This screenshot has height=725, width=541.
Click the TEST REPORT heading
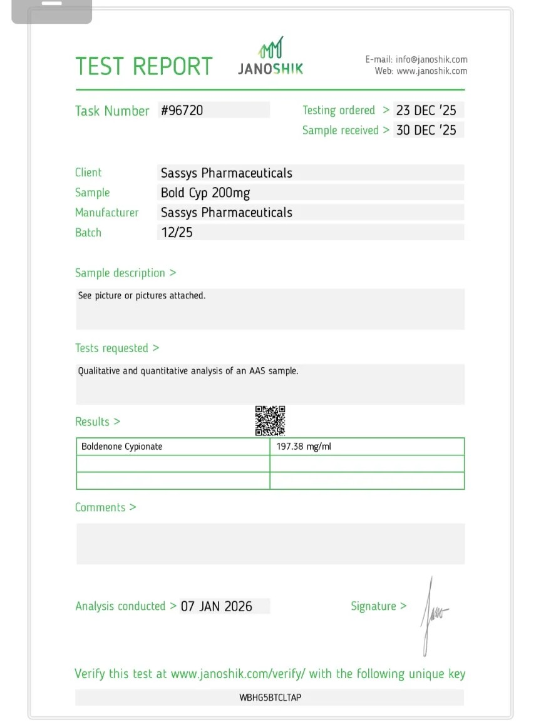point(144,66)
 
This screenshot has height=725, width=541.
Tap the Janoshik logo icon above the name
point(271,48)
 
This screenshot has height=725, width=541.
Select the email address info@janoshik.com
point(431,59)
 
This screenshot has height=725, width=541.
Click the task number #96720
point(182,111)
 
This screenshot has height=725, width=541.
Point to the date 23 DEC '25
point(426,110)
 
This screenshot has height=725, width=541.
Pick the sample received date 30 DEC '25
point(426,130)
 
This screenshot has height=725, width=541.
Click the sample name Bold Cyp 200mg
point(205,193)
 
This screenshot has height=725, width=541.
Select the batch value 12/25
point(177,233)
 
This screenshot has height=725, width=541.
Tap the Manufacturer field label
point(106,213)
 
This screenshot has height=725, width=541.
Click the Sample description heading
point(125,273)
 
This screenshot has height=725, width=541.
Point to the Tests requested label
point(117,348)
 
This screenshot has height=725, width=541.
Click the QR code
point(270,420)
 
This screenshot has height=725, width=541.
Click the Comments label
point(105,507)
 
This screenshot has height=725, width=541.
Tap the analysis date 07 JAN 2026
point(217,606)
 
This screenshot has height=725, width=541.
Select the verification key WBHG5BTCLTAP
point(270,697)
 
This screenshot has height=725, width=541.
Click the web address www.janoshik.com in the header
point(431,71)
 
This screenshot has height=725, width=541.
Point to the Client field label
point(88,173)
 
